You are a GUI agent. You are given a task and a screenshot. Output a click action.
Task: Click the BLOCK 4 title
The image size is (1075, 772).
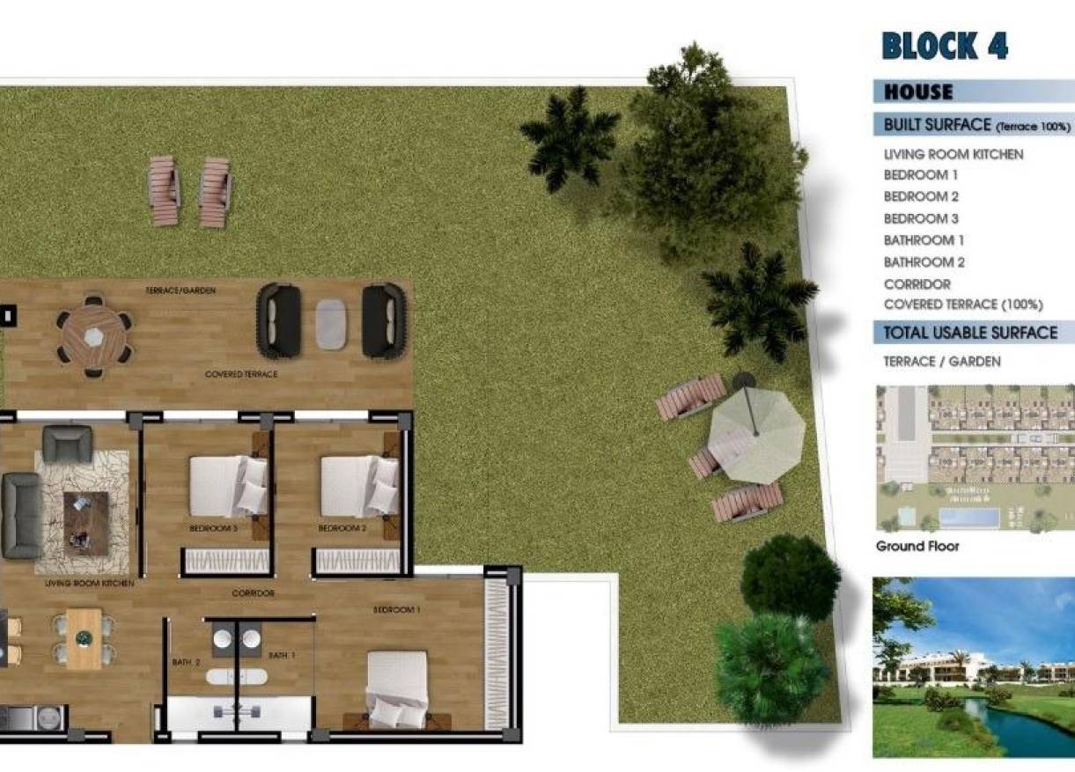(944, 46)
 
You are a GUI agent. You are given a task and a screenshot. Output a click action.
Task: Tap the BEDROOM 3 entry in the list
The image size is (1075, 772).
(920, 218)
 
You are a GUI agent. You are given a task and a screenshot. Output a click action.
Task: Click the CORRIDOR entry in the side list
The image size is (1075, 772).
(917, 284)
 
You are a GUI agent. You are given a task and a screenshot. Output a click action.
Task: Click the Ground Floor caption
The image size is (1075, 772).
(917, 547)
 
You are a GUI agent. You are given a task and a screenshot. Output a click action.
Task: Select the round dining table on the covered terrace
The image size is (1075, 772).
(93, 335)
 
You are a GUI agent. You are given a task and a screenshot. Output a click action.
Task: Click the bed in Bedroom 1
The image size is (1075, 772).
(397, 688)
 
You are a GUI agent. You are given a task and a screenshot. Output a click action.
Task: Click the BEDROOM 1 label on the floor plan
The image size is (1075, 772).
(396, 610)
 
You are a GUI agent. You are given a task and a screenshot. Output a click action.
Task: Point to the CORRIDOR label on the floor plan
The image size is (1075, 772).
(253, 594)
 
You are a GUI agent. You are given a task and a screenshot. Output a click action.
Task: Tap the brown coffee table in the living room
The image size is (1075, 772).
(85, 522)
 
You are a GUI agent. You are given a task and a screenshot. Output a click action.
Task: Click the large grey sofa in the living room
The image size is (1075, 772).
(21, 516)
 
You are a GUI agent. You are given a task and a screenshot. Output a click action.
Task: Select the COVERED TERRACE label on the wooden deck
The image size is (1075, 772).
(240, 375)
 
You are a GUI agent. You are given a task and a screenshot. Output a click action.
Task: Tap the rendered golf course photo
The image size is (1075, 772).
(973, 667)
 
